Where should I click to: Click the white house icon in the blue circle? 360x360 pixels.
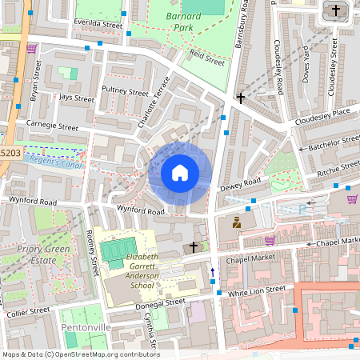(x=180, y=173)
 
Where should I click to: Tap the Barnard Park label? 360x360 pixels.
(x=173, y=21)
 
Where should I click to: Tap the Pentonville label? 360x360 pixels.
(x=86, y=328)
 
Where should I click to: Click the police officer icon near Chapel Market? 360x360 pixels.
(x=237, y=223)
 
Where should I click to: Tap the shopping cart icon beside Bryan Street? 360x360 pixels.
(x=31, y=48)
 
